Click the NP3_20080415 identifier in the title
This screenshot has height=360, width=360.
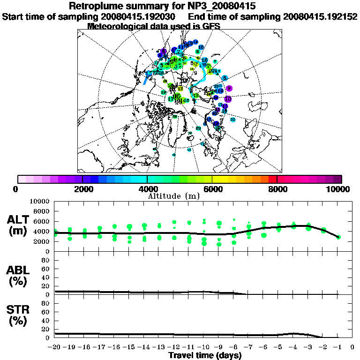224,6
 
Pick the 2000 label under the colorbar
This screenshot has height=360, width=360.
82,189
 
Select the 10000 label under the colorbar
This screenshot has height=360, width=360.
339,189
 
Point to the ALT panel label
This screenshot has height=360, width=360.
19,220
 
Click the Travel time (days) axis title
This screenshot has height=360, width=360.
205,356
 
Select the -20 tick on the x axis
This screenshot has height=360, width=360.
55,347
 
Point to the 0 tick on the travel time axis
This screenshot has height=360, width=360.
352,347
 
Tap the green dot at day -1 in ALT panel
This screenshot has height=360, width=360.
338,237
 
